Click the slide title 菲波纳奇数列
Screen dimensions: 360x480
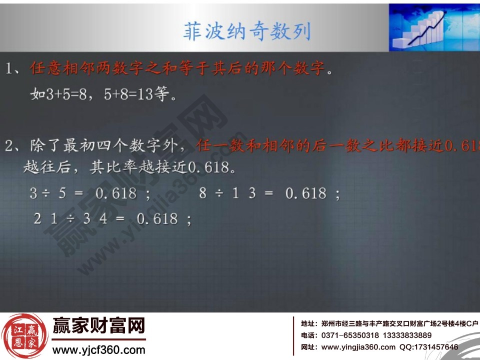point(247,31)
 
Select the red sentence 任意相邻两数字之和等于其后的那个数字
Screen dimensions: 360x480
point(178,68)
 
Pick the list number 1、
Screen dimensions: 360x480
point(14,68)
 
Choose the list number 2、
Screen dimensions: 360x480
point(14,146)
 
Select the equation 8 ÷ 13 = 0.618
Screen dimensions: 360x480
point(269,193)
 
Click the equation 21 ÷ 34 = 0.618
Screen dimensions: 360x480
point(112,218)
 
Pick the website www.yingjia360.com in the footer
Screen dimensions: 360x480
point(358,347)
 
